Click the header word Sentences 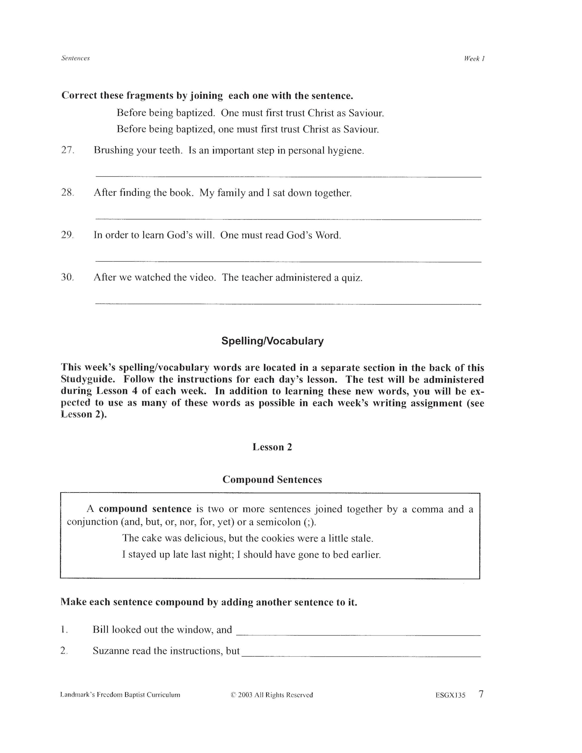tap(75, 58)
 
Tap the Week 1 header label tap(474, 59)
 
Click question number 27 tap(68, 150)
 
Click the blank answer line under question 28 tap(288, 219)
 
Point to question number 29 tap(67, 235)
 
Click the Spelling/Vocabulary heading tap(272, 341)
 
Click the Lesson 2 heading tap(272, 447)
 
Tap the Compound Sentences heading tap(272, 480)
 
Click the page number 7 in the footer tap(481, 694)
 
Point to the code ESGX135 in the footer tap(450, 695)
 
